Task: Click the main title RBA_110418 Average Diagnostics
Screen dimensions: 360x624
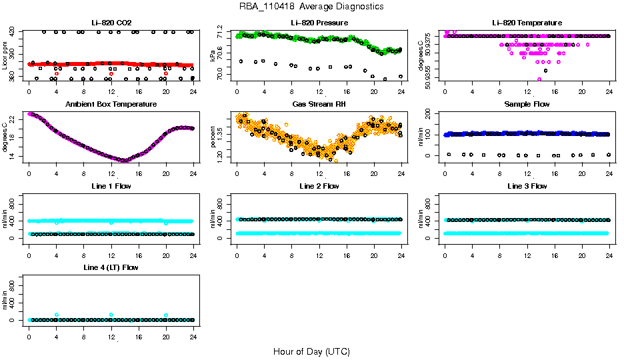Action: pyautogui.click(x=312, y=6)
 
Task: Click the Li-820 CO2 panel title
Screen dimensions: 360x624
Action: pyautogui.click(x=111, y=23)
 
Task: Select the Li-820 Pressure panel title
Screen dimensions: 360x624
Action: pyautogui.click(x=319, y=23)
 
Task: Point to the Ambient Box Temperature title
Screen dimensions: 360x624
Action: pyautogui.click(x=111, y=105)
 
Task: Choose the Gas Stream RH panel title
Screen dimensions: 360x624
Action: pyautogui.click(x=319, y=105)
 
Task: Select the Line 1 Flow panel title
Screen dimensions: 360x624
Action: pyautogui.click(x=111, y=186)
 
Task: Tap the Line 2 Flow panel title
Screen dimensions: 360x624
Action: pyautogui.click(x=319, y=186)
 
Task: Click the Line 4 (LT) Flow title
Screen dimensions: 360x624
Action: pyautogui.click(x=111, y=267)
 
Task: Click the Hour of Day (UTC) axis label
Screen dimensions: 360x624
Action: pyautogui.click(x=311, y=351)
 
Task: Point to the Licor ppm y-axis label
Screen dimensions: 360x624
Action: pyautogui.click(x=5, y=55)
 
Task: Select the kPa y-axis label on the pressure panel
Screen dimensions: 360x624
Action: pyautogui.click(x=213, y=55)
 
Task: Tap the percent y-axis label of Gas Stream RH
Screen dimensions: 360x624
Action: pyautogui.click(x=213, y=137)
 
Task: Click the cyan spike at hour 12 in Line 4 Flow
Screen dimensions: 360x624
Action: pyautogui.click(x=111, y=315)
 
